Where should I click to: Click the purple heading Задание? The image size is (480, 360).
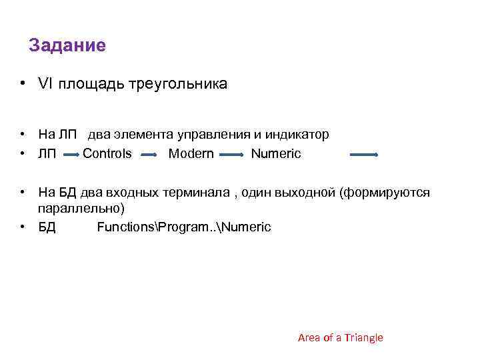[67, 46]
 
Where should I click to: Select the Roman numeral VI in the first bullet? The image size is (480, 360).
[45, 84]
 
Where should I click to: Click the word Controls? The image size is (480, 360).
[107, 154]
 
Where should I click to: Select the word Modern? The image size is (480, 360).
[191, 154]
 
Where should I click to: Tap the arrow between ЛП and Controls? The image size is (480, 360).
[71, 155]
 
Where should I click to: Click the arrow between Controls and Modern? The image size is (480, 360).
[150, 155]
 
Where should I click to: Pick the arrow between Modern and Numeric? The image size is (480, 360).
[232, 155]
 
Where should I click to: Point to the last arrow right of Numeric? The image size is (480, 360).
[364, 155]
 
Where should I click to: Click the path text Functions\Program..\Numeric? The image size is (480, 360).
[184, 227]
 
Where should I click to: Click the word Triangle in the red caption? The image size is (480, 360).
[363, 338]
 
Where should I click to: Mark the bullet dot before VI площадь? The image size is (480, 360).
[23, 84]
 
